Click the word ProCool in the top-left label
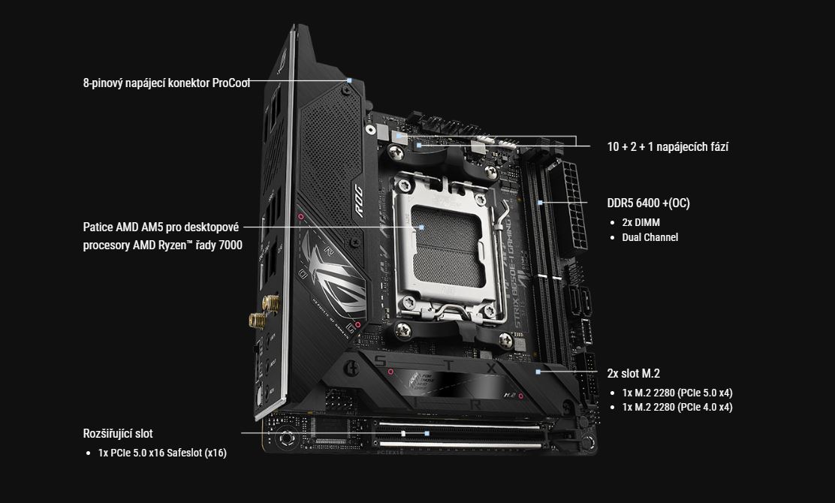231,83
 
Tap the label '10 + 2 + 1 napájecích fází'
668,147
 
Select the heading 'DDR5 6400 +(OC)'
648,203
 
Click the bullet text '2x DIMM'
641,222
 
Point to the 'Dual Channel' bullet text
650,237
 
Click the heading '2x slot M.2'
633,374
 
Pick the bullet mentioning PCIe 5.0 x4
677,393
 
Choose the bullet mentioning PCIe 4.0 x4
677,407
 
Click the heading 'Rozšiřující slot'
118,434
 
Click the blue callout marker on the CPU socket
421,227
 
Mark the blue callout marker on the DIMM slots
540,203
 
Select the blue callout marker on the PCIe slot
427,433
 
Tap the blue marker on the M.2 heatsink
538,372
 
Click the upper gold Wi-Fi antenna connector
270,303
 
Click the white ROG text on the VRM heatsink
358,200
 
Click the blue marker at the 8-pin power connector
349,80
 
